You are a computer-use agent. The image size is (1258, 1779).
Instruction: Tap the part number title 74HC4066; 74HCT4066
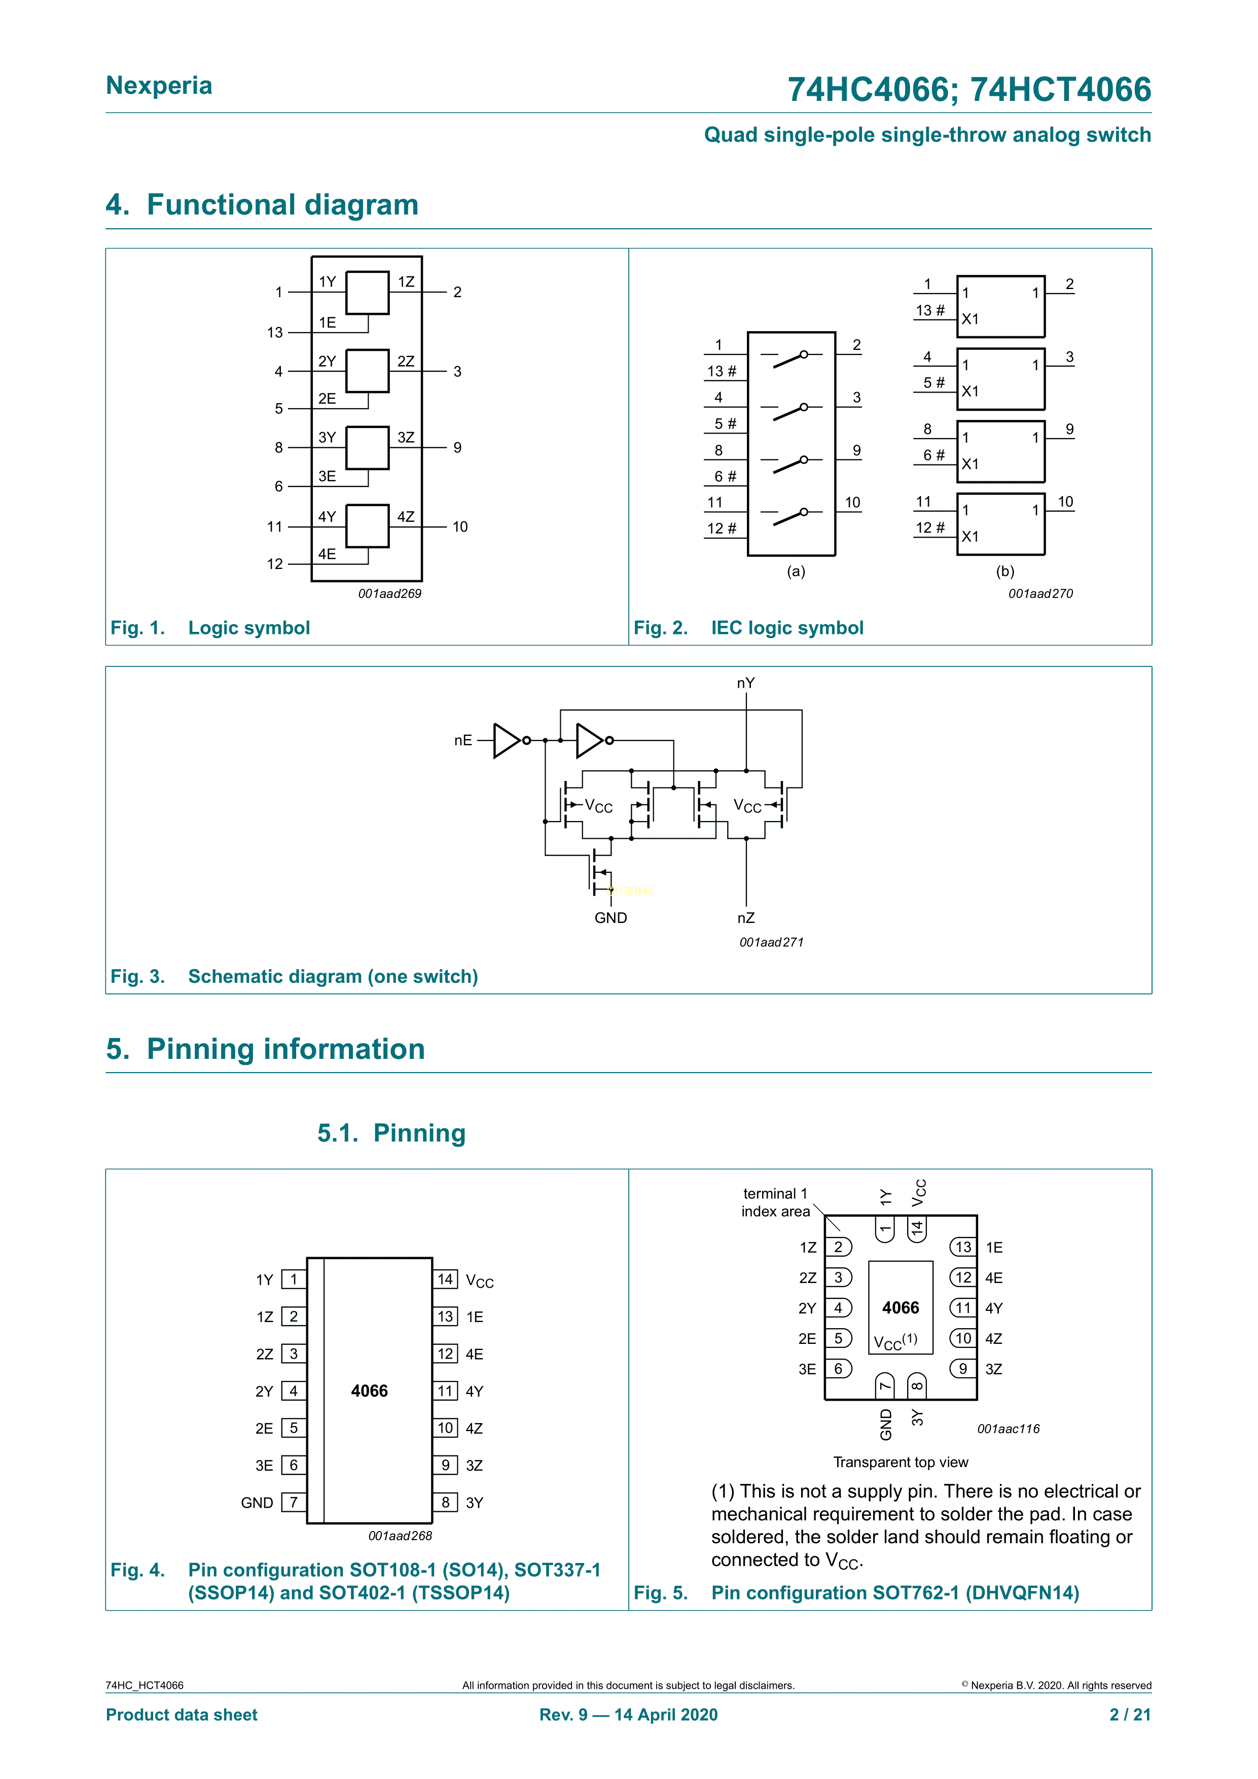[968, 89]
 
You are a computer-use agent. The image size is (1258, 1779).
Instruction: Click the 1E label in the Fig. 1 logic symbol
[327, 323]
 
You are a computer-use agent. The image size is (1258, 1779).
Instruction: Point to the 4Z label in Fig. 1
[406, 517]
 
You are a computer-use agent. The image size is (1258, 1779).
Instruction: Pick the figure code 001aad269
[389, 593]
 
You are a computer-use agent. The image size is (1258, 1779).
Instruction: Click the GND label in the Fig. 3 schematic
[610, 917]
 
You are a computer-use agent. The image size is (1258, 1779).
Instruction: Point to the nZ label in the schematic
[745, 917]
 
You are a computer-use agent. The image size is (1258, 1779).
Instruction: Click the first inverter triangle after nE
[506, 740]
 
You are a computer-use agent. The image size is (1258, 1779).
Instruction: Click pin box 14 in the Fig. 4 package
[445, 1279]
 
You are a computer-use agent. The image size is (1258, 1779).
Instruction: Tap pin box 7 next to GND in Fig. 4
[294, 1503]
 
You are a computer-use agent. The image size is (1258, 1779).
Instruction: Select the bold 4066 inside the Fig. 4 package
[370, 1391]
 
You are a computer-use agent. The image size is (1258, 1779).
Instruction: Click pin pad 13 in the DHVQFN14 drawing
[963, 1247]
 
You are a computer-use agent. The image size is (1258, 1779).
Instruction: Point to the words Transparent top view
[900, 1462]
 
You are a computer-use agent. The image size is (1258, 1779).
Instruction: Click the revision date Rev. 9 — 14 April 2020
[628, 1715]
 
